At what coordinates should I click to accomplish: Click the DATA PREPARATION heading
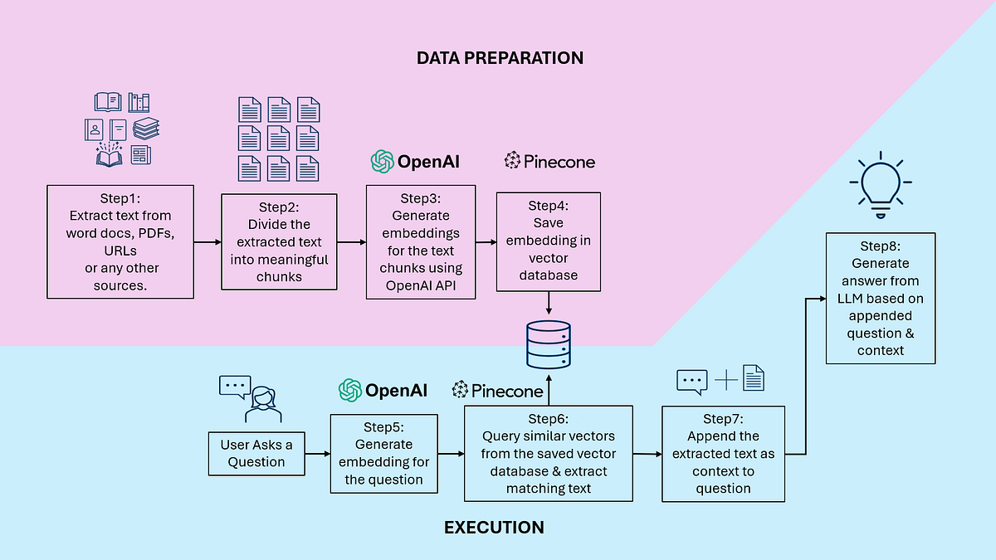pyautogui.click(x=500, y=58)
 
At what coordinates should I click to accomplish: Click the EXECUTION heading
pyautogui.click(x=494, y=528)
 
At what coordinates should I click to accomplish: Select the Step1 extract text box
pyautogui.click(x=120, y=241)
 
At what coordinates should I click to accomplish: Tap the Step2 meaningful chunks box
pyautogui.click(x=279, y=241)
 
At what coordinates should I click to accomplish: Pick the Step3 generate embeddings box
pyautogui.click(x=421, y=241)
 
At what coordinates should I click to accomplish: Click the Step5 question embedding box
pyautogui.click(x=383, y=454)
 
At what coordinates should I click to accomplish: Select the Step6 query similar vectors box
pyautogui.click(x=548, y=453)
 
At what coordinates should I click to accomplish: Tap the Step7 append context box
pyautogui.click(x=723, y=454)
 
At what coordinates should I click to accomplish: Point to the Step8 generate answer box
pyautogui.click(x=881, y=298)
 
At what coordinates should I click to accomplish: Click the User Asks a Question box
pyautogui.click(x=256, y=453)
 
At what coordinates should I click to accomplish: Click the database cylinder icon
pyautogui.click(x=548, y=345)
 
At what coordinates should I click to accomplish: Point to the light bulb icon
pyautogui.click(x=879, y=185)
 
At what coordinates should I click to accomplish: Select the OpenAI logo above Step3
pyautogui.click(x=415, y=161)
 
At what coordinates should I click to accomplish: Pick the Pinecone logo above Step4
pyautogui.click(x=549, y=161)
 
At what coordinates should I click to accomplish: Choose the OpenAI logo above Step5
pyautogui.click(x=383, y=390)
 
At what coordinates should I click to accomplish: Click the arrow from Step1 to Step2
pyautogui.click(x=207, y=242)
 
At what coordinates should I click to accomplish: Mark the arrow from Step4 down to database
pyautogui.click(x=549, y=304)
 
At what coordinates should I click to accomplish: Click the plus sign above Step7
pyautogui.click(x=726, y=381)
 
